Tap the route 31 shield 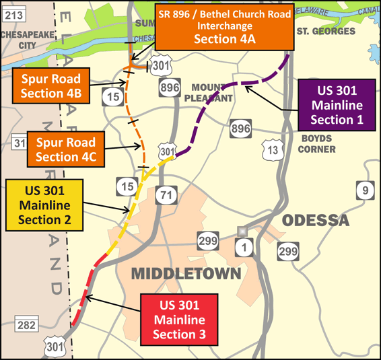coord(19,143)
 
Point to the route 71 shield coord(165,195)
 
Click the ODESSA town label coord(315,221)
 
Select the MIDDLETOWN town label coord(186,273)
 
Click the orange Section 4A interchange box coord(224,28)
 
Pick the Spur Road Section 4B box coord(53,84)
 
